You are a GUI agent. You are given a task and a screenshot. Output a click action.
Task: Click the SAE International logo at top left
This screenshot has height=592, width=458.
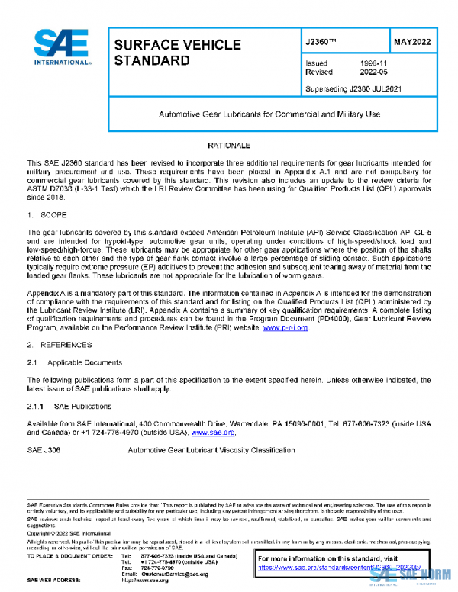coord(60,47)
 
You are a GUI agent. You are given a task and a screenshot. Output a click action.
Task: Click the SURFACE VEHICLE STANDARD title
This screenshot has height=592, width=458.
coord(177,53)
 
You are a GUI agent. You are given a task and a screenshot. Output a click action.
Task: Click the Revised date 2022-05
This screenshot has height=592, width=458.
coord(372,72)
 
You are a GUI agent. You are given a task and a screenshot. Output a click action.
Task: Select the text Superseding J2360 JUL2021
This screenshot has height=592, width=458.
coord(353,88)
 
